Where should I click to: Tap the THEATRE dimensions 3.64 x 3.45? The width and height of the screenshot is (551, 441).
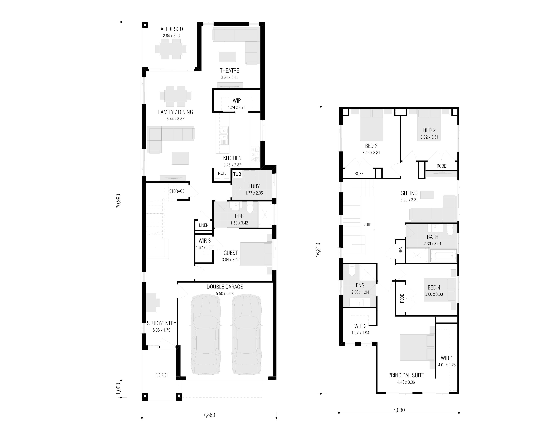pyautogui.click(x=230, y=77)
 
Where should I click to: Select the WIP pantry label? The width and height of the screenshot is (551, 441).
pyautogui.click(x=237, y=101)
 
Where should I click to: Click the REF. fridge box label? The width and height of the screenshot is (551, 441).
pyautogui.click(x=222, y=173)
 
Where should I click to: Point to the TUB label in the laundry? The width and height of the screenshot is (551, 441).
pyautogui.click(x=237, y=174)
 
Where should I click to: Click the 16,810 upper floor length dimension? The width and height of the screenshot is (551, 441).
pyautogui.click(x=318, y=250)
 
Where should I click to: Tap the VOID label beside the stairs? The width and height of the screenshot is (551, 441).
pyautogui.click(x=367, y=225)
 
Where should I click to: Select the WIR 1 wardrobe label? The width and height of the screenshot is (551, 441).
pyautogui.click(x=446, y=358)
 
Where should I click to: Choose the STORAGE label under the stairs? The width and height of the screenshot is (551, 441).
pyautogui.click(x=177, y=191)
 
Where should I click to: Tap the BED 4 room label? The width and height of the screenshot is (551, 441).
pyautogui.click(x=434, y=288)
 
